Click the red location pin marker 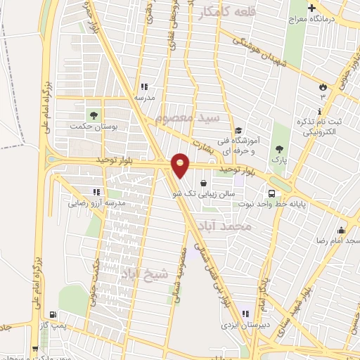pos(181,164)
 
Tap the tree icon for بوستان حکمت pos(92,115)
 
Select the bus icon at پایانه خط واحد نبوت pos(271,193)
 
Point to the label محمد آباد pos(235,226)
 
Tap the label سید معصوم pos(198,117)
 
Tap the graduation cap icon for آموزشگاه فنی pos(238,131)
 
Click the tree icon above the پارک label pos(281,149)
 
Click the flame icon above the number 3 pos(323,86)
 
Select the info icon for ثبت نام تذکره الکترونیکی pos(319,112)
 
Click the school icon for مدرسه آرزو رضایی pos(96,191)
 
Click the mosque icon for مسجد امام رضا pos(342,230)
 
